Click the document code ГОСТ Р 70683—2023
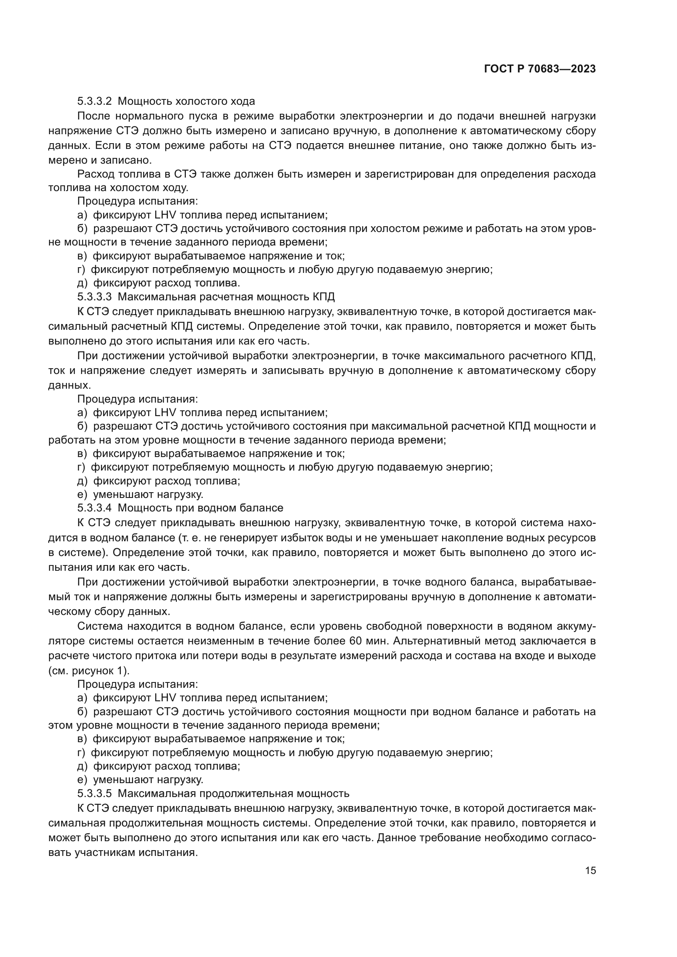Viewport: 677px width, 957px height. pos(540,69)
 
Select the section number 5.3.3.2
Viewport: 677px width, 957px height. pos(94,101)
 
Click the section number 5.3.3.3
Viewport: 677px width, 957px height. pos(94,297)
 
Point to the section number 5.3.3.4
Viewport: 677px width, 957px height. pos(94,508)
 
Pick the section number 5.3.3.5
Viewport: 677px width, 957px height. pos(94,793)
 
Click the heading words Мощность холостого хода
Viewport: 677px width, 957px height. pos(186,101)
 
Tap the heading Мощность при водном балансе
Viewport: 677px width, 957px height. pos(201,508)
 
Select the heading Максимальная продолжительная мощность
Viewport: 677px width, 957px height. pos(233,793)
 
